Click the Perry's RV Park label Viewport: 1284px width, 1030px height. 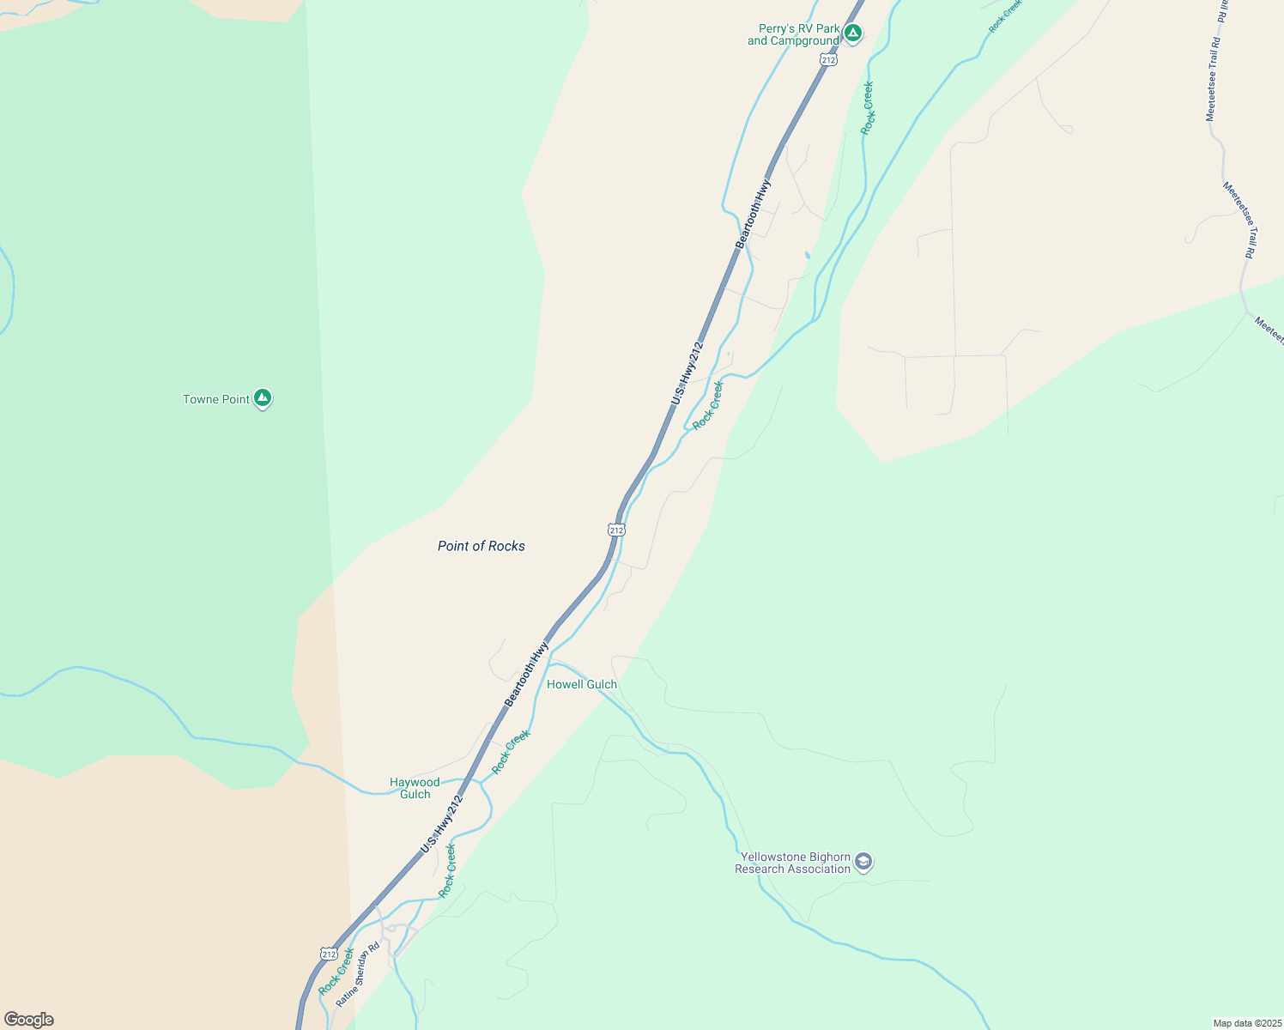(x=794, y=34)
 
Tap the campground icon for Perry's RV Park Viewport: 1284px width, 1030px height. (x=852, y=33)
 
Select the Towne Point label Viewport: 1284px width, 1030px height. (x=216, y=399)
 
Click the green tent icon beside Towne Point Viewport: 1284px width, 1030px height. (x=263, y=398)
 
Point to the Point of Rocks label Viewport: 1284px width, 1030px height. (x=481, y=546)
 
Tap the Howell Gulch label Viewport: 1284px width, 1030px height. (x=582, y=684)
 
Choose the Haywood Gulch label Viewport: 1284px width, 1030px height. (x=415, y=788)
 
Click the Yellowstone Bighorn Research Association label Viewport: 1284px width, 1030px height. (x=793, y=863)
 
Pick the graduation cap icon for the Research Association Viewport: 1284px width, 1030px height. (x=863, y=862)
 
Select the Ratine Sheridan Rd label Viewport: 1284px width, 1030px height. (x=358, y=975)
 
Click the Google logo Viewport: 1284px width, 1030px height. (x=28, y=1020)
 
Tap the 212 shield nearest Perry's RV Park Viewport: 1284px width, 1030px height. (x=827, y=59)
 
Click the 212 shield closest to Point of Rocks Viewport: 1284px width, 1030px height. (x=616, y=530)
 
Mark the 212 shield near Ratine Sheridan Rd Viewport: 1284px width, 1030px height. (x=328, y=954)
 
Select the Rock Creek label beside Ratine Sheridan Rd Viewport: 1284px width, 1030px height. (x=336, y=972)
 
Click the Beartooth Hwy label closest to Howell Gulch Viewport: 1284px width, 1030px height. (x=526, y=674)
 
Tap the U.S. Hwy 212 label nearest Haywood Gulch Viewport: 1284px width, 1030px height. (x=442, y=824)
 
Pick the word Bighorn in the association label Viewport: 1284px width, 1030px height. (x=830, y=857)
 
